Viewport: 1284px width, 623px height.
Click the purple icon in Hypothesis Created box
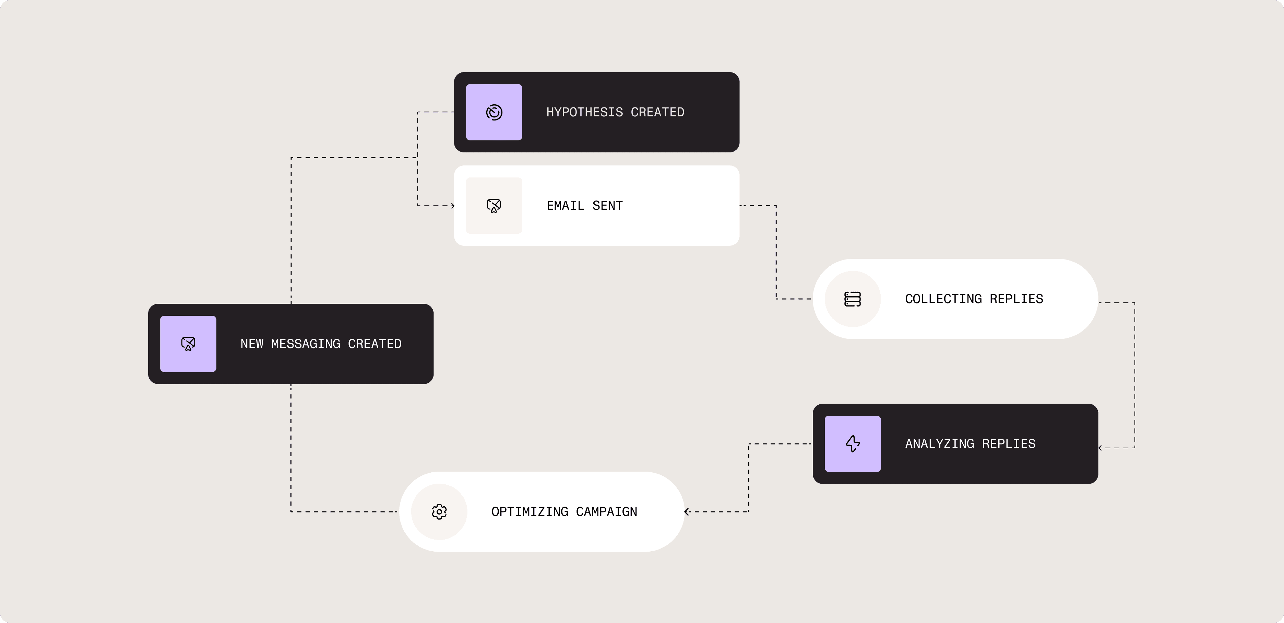point(494,112)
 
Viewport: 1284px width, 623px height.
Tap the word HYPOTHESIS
point(584,112)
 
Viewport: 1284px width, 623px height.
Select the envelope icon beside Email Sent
point(494,206)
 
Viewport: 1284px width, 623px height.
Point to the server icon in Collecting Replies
point(852,299)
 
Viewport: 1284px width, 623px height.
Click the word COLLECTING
point(943,299)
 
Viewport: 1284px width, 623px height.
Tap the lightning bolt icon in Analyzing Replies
point(852,443)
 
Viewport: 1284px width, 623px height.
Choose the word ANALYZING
point(939,443)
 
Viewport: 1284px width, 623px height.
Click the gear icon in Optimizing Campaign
point(439,512)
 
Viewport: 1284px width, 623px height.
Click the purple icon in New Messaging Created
point(188,344)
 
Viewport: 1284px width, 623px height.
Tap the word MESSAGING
point(306,344)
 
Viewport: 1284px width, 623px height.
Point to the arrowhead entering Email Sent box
point(453,206)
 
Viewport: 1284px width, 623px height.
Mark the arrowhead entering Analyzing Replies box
point(1101,448)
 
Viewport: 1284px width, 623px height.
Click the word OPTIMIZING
point(530,512)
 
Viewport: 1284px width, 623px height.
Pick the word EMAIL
point(565,206)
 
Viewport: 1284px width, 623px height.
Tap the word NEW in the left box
point(252,344)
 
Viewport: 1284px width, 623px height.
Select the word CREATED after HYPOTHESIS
point(657,112)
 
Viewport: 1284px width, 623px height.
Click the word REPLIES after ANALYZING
point(1008,443)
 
